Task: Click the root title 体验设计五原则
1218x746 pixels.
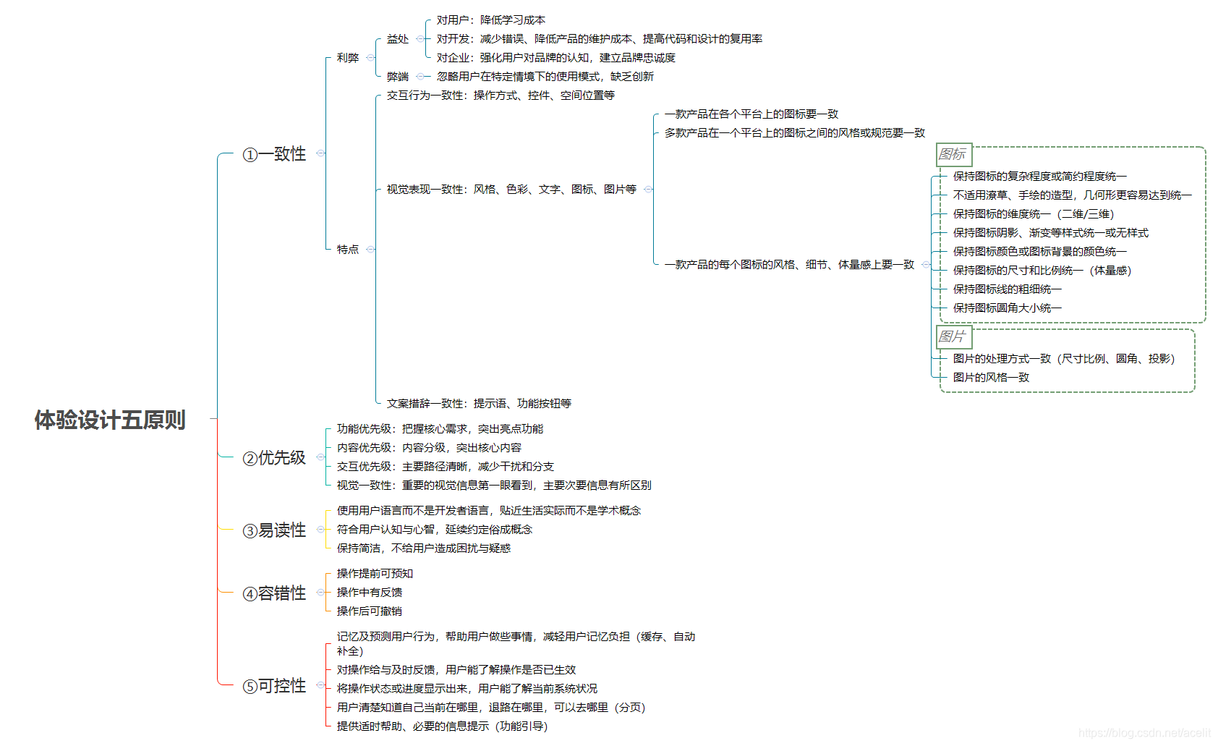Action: (110, 420)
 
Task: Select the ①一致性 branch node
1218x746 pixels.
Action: (274, 154)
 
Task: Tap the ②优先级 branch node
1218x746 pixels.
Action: (274, 458)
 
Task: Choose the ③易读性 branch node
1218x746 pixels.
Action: (274, 530)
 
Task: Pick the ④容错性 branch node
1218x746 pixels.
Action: (274, 593)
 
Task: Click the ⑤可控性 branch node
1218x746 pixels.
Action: (274, 686)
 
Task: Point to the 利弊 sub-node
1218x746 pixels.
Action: (347, 58)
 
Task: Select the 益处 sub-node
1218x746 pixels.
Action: (397, 39)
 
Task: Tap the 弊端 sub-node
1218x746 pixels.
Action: (397, 77)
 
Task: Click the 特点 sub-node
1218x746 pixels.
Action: (347, 250)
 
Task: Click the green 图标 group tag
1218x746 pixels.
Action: (953, 154)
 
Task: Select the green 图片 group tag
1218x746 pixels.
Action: (953, 336)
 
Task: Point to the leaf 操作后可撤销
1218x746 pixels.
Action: (369, 611)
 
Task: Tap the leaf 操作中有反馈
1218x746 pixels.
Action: (369, 593)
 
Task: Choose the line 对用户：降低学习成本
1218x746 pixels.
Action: (490, 20)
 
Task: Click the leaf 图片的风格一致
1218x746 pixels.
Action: (991, 378)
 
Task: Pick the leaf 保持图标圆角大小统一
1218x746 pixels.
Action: (1007, 308)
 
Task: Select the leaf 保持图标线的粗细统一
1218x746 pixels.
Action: (1007, 289)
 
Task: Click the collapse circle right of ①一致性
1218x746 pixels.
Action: (320, 153)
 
